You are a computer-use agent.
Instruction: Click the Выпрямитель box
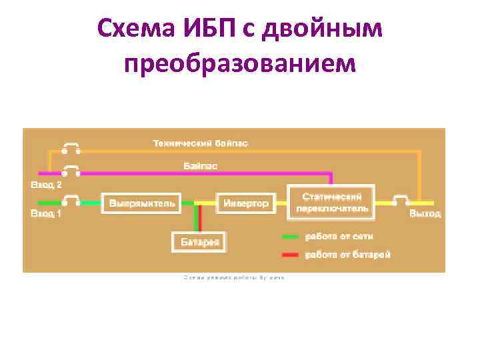point(141,203)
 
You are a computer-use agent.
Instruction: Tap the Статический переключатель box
point(331,202)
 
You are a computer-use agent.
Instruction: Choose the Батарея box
point(199,241)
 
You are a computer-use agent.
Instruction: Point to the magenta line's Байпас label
point(201,165)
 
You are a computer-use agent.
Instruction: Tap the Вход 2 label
point(45,184)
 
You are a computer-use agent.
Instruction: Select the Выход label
point(425,213)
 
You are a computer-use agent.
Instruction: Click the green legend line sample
point(291,236)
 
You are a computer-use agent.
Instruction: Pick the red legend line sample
point(291,254)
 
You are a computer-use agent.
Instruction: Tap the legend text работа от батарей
point(347,254)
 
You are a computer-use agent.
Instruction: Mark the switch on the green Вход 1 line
point(70,200)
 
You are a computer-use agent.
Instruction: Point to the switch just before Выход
point(401,200)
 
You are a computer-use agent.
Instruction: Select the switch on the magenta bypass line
point(70,170)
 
